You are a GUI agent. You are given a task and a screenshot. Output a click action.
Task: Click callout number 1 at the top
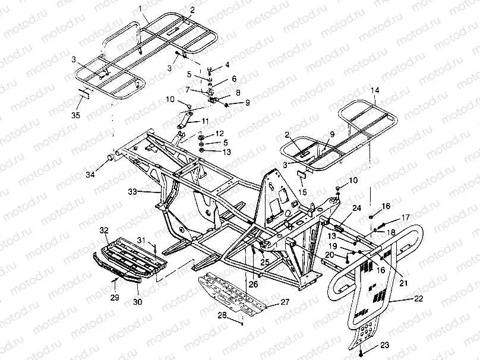(x=140, y=8)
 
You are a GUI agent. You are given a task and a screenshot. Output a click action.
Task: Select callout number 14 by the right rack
(x=375, y=90)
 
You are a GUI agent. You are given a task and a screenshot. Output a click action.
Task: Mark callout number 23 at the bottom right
(x=385, y=345)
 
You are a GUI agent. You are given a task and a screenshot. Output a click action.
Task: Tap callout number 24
(x=356, y=208)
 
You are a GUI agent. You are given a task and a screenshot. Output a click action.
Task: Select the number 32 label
(x=104, y=229)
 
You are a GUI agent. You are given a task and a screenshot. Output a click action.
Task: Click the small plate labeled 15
(x=301, y=172)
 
